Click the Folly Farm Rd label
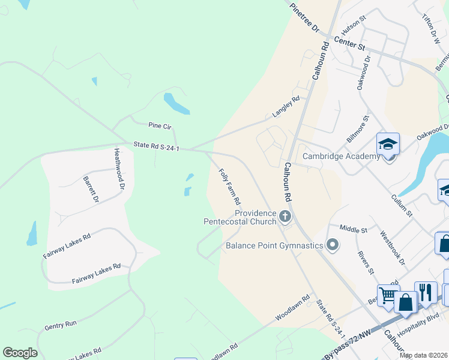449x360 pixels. point(229,187)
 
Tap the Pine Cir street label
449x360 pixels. point(160,126)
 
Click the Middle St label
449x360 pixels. point(353,229)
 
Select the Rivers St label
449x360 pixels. point(365,262)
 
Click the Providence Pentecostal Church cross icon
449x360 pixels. point(285,216)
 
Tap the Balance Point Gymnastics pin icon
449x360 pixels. point(331,245)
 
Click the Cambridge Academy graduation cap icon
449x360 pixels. point(388,145)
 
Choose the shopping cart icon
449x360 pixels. point(388,295)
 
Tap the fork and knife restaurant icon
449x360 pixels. point(426,292)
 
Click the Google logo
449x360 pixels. point(20,353)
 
